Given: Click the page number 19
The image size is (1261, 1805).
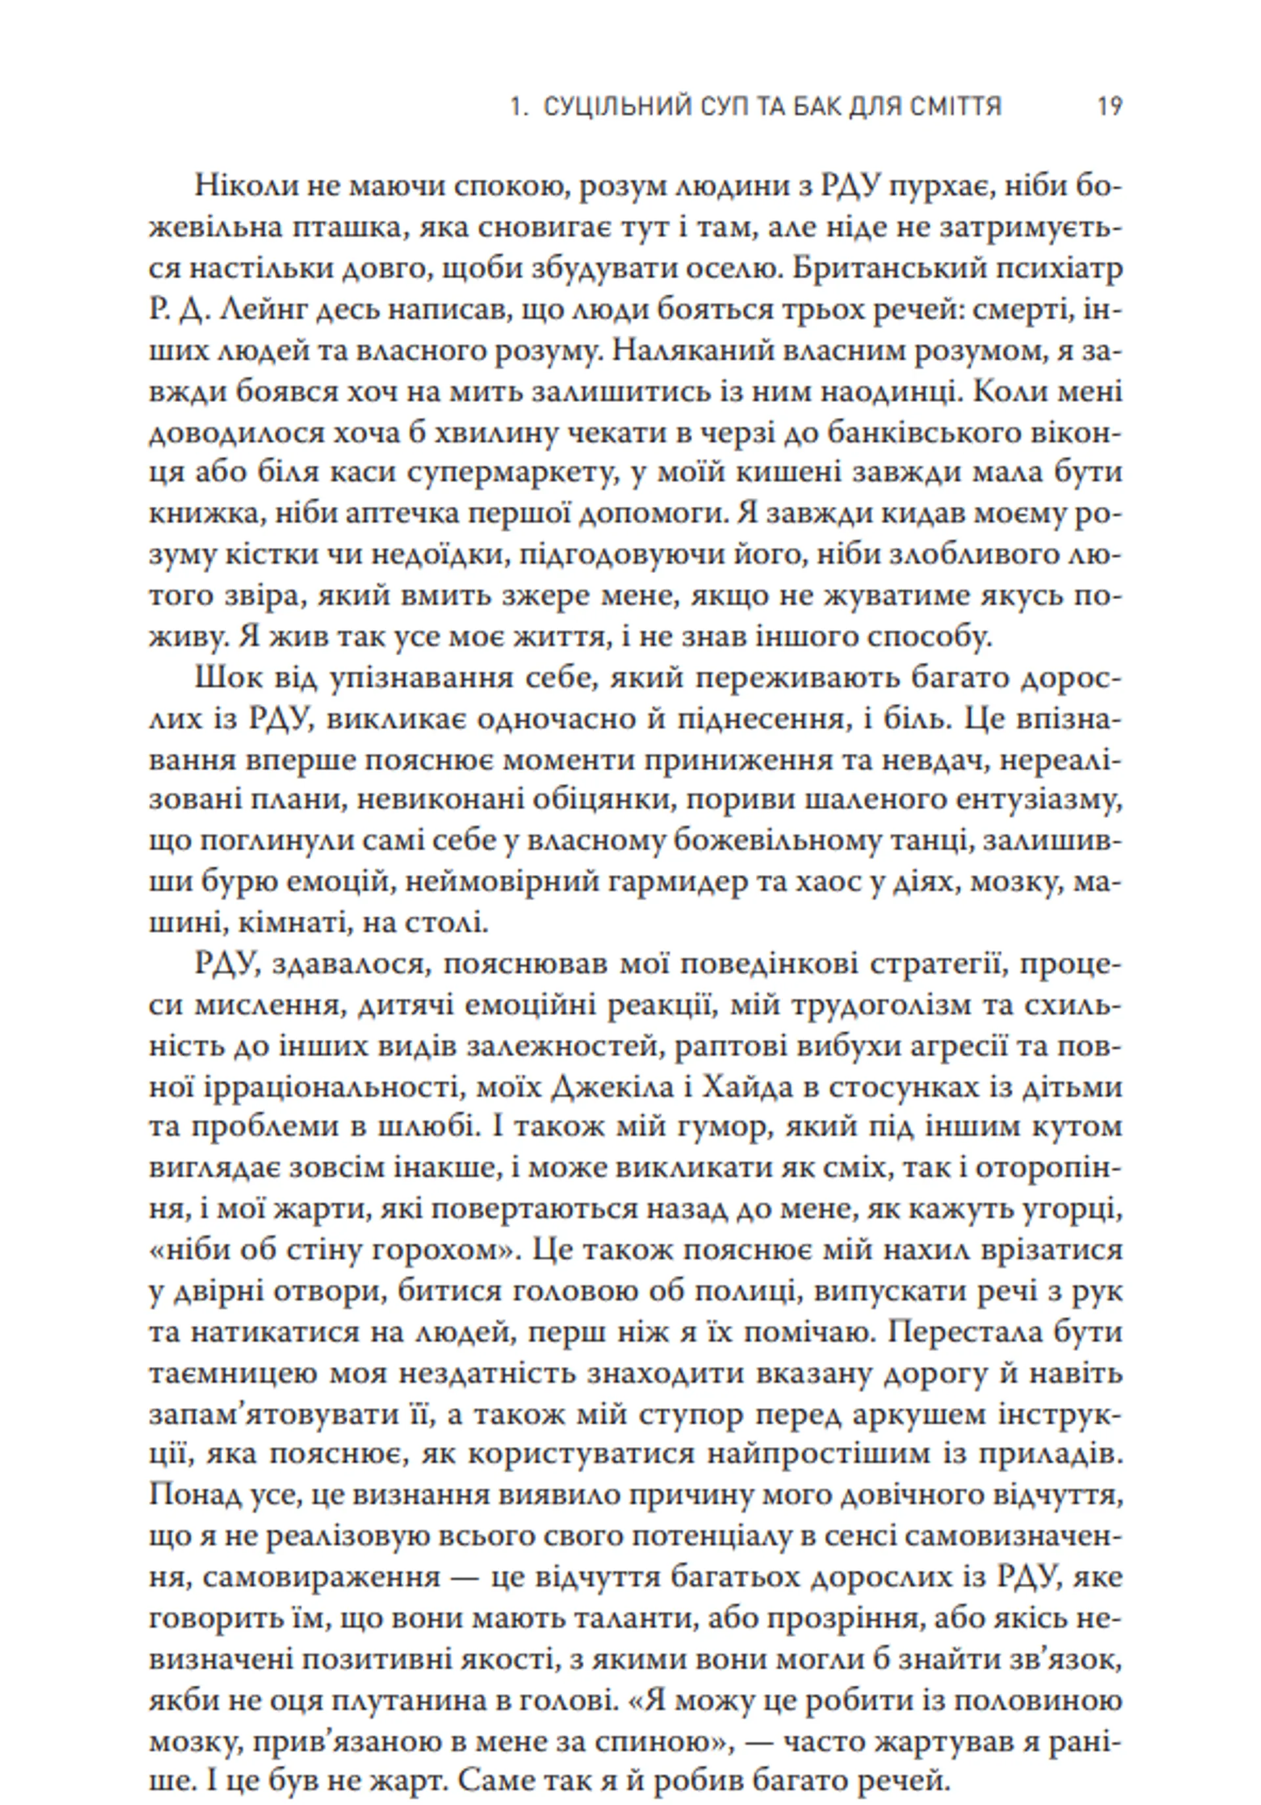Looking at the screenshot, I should tap(1109, 107).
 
